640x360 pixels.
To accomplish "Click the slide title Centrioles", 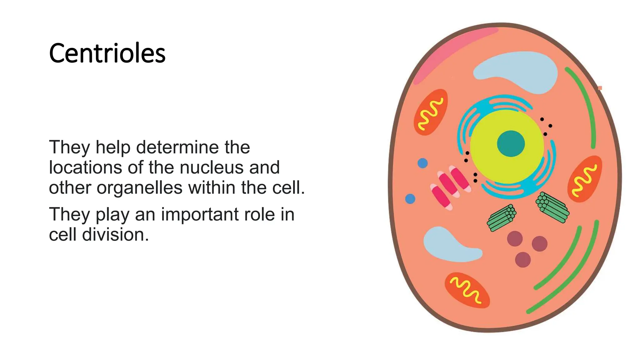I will [x=107, y=53].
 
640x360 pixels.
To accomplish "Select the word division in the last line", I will [x=115, y=234].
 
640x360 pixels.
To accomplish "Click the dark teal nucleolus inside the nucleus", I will [x=511, y=144].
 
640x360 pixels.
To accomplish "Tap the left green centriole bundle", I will [x=502, y=218].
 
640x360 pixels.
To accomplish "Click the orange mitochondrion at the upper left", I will [x=431, y=112].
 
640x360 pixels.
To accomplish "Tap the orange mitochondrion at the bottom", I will [x=467, y=290].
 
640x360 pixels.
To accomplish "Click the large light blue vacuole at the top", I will [x=519, y=71].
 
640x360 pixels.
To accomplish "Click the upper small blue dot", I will [x=422, y=163].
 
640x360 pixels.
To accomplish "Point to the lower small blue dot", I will [x=410, y=199].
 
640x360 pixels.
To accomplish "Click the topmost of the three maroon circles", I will [x=515, y=239].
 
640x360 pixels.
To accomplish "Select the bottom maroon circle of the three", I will [x=523, y=260].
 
